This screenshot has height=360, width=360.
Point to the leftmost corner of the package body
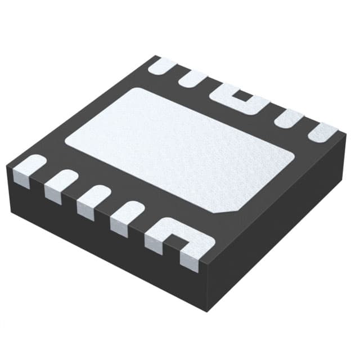tap(8, 169)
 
